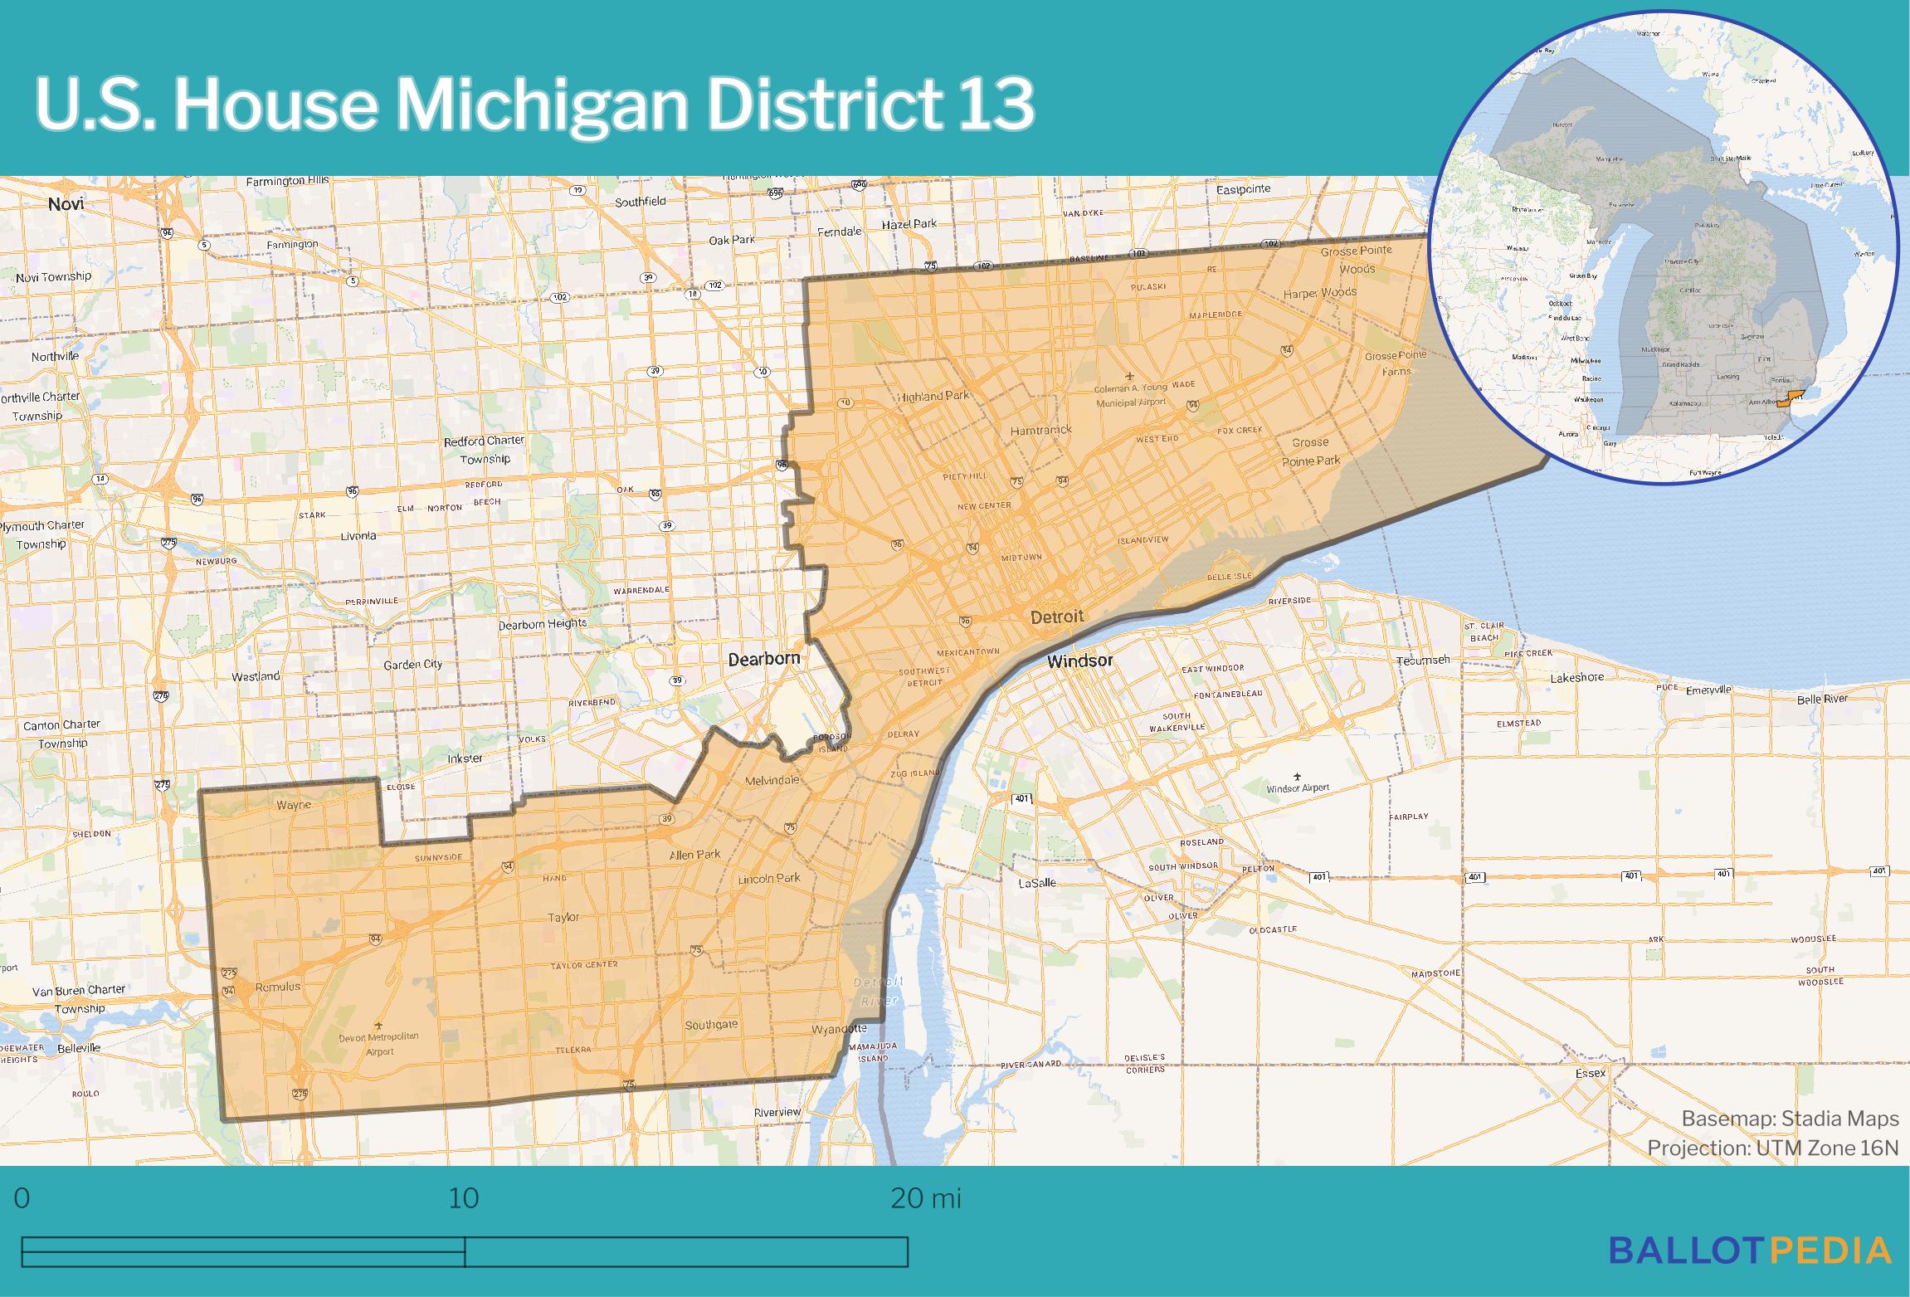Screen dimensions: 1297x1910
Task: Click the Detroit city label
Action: click(x=1056, y=617)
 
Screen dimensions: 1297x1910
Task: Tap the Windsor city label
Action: click(x=1079, y=661)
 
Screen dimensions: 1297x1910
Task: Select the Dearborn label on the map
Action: click(x=763, y=659)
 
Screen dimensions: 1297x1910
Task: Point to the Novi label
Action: click(x=66, y=204)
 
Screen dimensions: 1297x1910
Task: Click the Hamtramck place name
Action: click(x=1040, y=430)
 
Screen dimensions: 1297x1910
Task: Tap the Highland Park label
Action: click(x=933, y=397)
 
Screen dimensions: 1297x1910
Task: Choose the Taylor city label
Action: click(x=563, y=917)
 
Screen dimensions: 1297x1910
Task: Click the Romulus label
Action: click(x=277, y=987)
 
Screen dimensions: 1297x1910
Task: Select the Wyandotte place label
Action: click(x=838, y=1029)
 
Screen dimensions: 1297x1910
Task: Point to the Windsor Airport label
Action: click(x=1298, y=787)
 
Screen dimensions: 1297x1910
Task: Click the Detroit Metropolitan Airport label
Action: click(x=378, y=1043)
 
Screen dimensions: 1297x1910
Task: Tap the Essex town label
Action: click(x=1591, y=1073)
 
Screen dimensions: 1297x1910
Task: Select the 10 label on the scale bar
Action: click(x=464, y=1198)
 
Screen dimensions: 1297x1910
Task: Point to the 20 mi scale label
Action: click(x=925, y=1198)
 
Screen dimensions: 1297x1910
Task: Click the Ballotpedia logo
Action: click(x=1750, y=1250)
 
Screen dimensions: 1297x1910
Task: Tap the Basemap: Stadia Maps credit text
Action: click(x=1790, y=1119)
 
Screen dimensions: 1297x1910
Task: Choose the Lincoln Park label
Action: click(x=768, y=878)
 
